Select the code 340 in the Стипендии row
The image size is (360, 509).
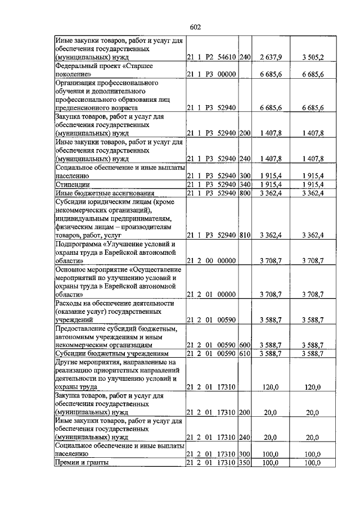pyautogui.click(x=244, y=184)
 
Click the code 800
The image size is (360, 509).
pyautogui.click(x=244, y=193)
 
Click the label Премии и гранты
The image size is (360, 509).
pyautogui.click(x=82, y=462)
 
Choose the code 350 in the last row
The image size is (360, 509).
pyautogui.click(x=244, y=462)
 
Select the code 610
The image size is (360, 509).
pyautogui.click(x=244, y=354)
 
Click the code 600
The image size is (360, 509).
pyautogui.click(x=244, y=345)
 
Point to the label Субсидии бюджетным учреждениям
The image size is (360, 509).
pyautogui.click(x=111, y=354)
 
